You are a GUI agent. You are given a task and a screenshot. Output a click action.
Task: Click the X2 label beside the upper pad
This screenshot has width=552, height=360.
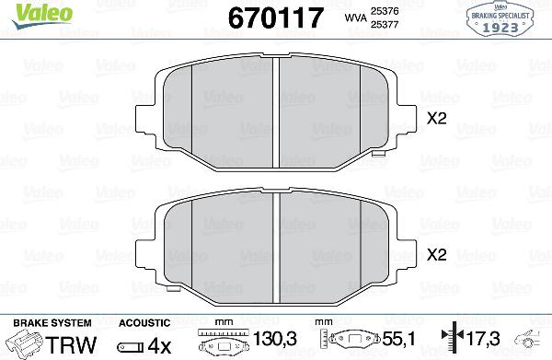[438, 118]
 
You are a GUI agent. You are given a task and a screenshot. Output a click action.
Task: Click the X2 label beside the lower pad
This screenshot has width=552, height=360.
[438, 255]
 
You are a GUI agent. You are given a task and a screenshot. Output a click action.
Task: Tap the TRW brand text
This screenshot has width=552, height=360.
[74, 343]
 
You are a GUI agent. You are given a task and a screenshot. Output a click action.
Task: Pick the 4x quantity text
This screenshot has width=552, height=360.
[159, 343]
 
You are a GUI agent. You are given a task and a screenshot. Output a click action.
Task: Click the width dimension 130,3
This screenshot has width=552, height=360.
[275, 342]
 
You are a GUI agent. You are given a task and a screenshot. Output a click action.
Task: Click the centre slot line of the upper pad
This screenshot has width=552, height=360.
[278, 110]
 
